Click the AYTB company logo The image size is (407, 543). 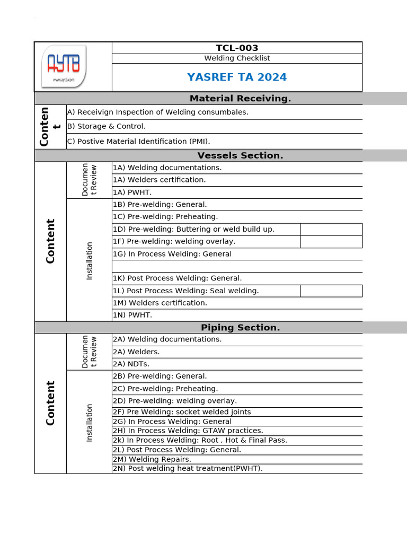[x=64, y=66]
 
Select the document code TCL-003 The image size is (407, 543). [x=237, y=48]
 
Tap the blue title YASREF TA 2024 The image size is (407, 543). [x=237, y=77]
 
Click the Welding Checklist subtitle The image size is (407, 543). [x=237, y=58]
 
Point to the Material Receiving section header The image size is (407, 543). [x=240, y=98]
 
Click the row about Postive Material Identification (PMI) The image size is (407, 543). [x=138, y=141]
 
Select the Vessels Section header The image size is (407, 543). [x=240, y=155]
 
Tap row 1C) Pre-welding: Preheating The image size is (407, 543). [x=165, y=216]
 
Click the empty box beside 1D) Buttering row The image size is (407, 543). [x=331, y=229]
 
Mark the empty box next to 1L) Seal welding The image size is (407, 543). [x=331, y=291]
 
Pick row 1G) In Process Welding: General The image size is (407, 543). [x=172, y=254]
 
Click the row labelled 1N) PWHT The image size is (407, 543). [x=132, y=315]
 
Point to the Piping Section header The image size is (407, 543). [x=240, y=328]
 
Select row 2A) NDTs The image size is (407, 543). [x=131, y=364]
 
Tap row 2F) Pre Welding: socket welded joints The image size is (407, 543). [x=182, y=412]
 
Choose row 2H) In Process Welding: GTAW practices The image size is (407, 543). [x=188, y=431]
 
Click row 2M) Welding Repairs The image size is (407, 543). [x=152, y=459]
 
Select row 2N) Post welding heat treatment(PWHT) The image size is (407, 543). [x=188, y=468]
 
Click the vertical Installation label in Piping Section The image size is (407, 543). [x=89, y=423]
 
